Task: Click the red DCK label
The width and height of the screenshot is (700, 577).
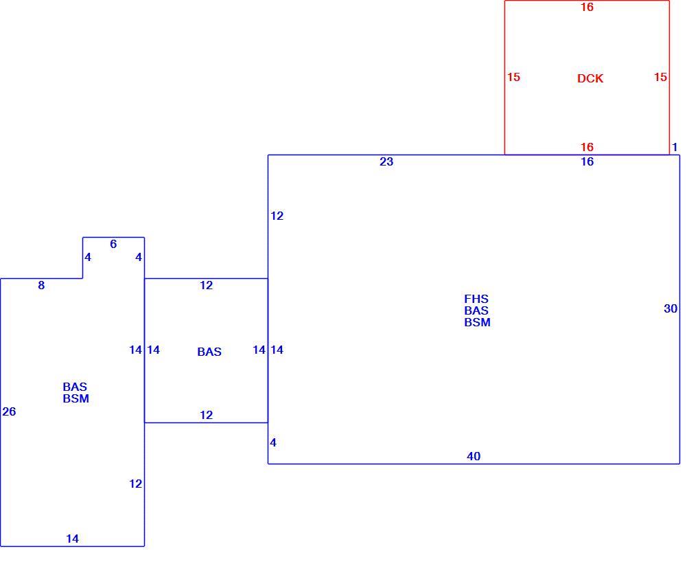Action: [x=590, y=78]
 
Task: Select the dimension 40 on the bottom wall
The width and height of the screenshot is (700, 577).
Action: [x=474, y=456]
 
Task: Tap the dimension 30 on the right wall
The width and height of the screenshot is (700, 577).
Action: [x=670, y=308]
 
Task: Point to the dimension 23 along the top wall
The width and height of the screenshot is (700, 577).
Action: [x=386, y=161]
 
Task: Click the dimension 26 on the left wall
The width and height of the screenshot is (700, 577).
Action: [x=9, y=411]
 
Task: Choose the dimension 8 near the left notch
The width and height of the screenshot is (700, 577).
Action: [x=41, y=284]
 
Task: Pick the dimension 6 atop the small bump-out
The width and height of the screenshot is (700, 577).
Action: [x=113, y=244]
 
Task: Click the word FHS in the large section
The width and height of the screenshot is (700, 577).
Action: [x=476, y=299]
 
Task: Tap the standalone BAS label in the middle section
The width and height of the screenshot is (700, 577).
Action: [x=209, y=352]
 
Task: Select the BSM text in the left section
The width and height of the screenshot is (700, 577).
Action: [x=76, y=398]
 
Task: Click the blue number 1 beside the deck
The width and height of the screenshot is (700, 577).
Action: [x=675, y=146]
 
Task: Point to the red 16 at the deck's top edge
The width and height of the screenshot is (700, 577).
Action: [x=587, y=7]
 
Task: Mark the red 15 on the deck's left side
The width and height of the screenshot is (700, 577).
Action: [x=514, y=77]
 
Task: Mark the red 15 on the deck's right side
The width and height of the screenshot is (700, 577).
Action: [x=661, y=77]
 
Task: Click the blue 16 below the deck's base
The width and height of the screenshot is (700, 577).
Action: [x=587, y=161]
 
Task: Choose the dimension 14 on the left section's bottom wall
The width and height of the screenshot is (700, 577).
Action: [x=72, y=539]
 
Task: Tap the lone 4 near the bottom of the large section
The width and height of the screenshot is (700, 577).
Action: [x=273, y=442]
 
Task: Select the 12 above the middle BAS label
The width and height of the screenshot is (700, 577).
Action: [x=207, y=284]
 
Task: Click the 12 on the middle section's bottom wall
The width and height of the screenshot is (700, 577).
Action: [x=207, y=415]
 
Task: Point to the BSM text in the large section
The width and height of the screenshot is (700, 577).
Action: [x=477, y=321]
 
